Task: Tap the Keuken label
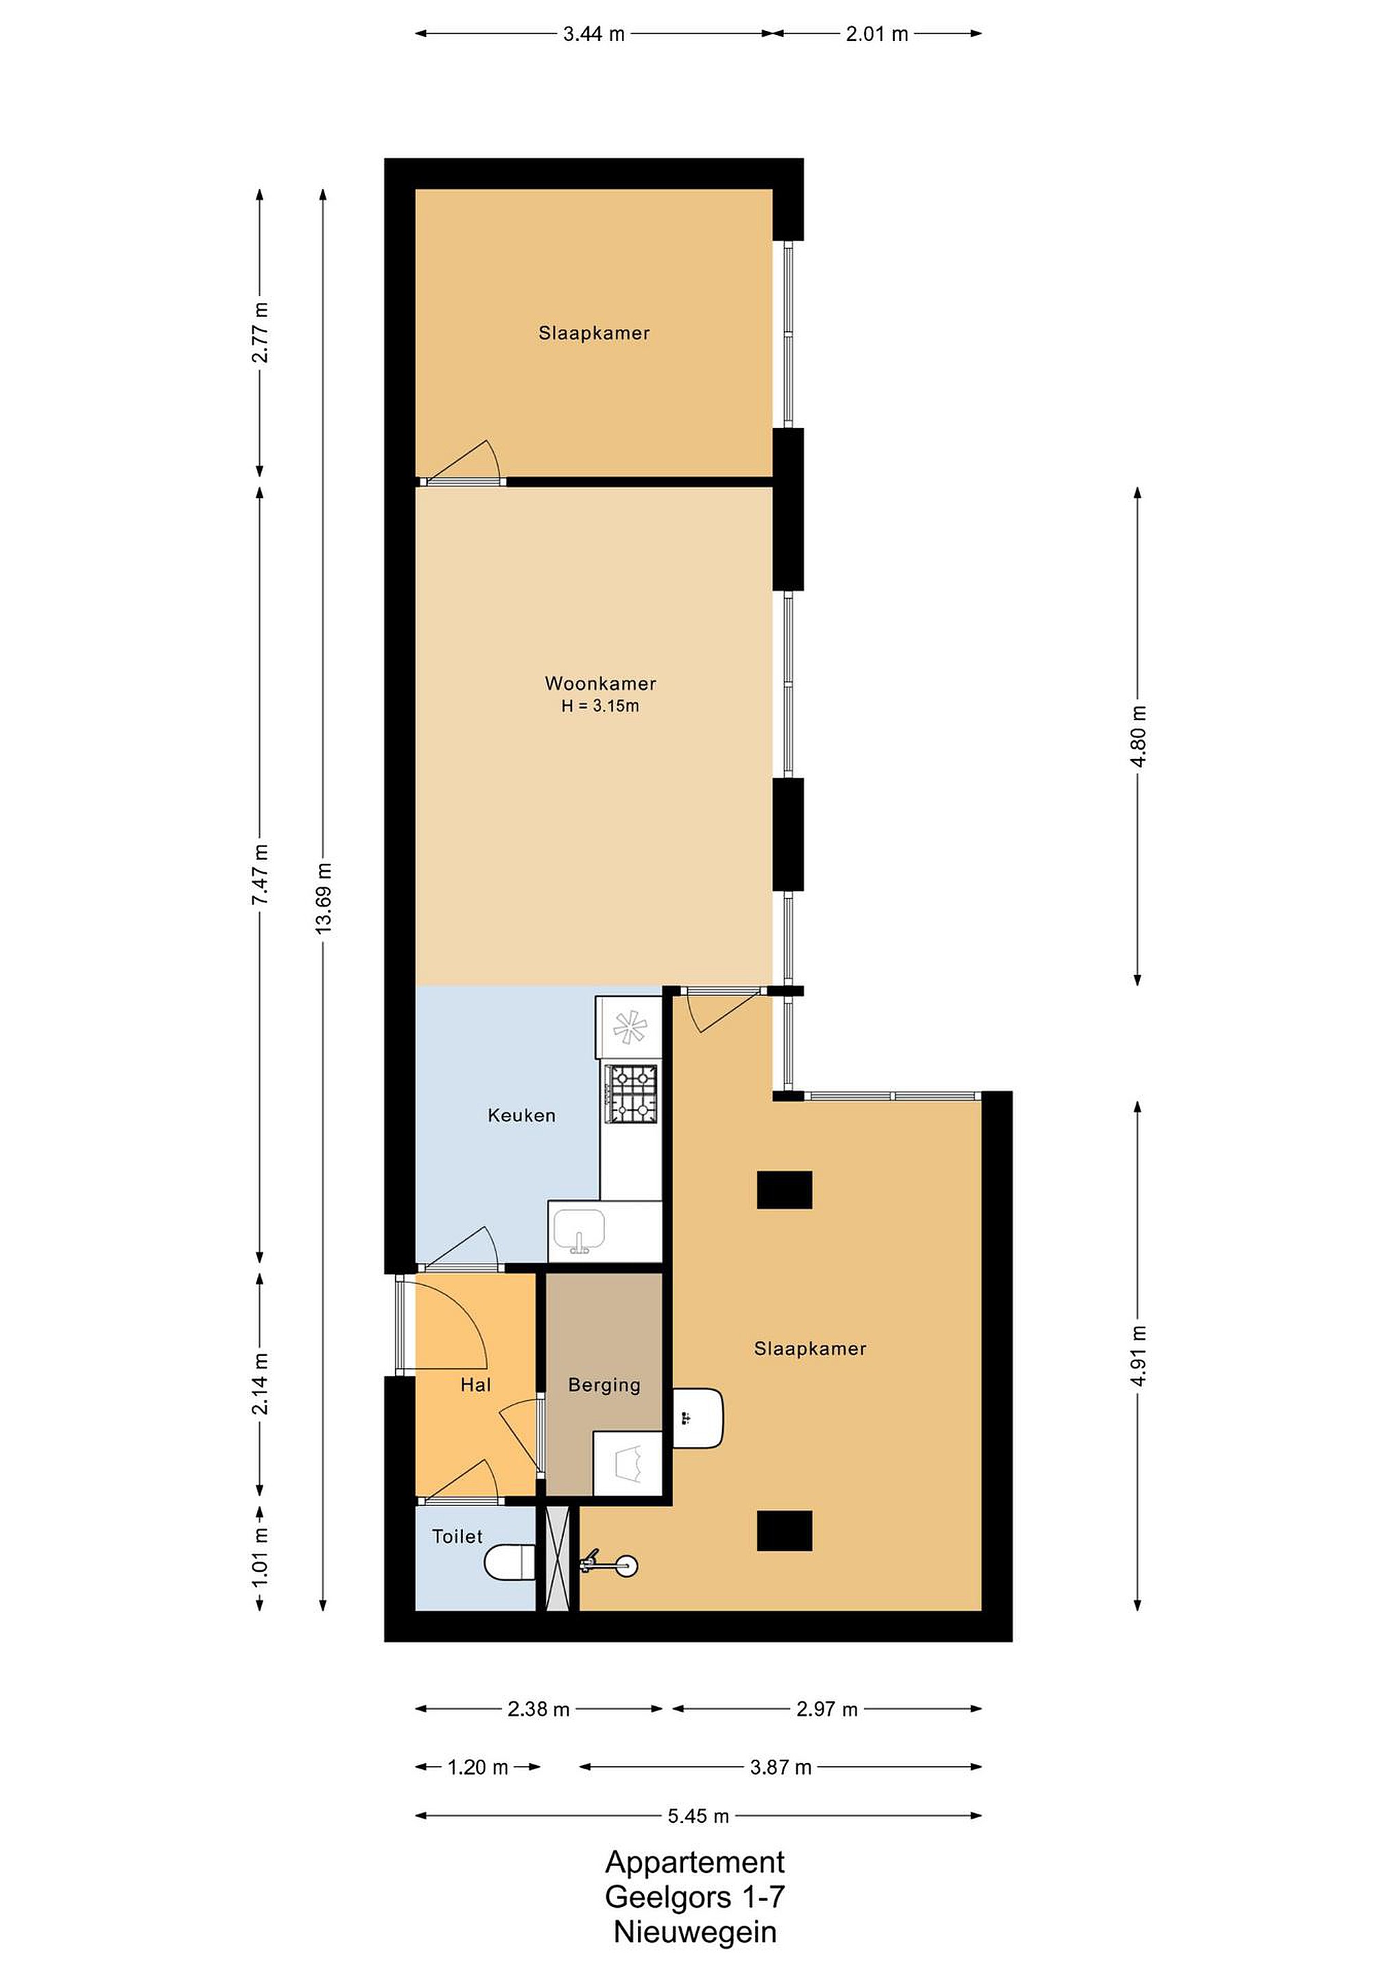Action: pyautogui.click(x=521, y=1116)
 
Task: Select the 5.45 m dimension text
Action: pyautogui.click(x=698, y=1816)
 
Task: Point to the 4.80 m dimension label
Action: pyautogui.click(x=1138, y=737)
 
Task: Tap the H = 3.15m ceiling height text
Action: pyautogui.click(x=601, y=706)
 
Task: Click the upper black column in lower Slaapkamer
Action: pyautogui.click(x=785, y=1190)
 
